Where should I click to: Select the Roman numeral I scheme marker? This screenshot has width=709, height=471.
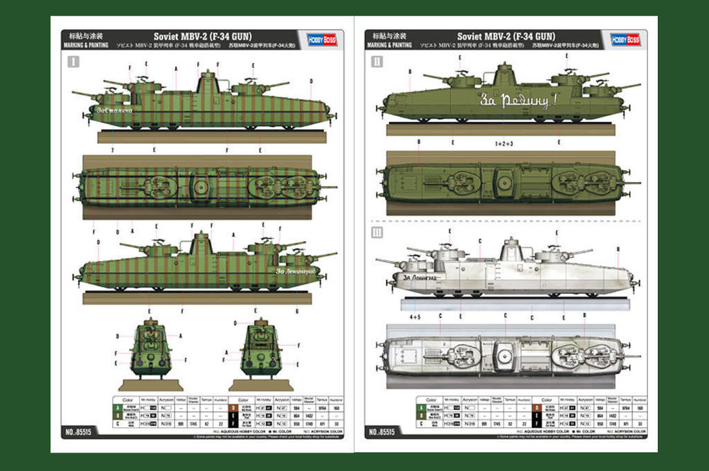(x=72, y=62)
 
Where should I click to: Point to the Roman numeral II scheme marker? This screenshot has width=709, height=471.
(x=376, y=62)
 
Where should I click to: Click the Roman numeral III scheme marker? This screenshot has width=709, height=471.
(x=376, y=232)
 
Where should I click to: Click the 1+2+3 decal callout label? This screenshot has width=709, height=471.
(x=503, y=144)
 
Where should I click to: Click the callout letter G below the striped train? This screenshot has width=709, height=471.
(x=297, y=311)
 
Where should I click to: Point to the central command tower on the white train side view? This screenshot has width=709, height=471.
(x=510, y=249)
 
